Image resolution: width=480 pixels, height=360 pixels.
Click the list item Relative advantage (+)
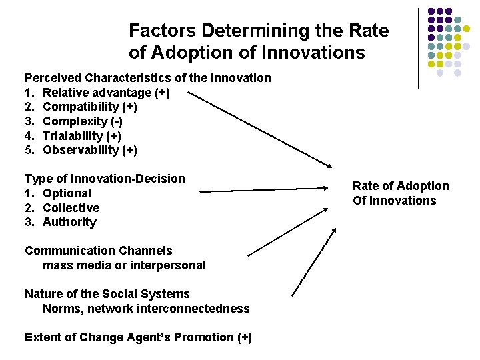106,93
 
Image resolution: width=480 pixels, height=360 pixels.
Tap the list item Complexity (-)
83,121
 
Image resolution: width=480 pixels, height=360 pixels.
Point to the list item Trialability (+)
81,135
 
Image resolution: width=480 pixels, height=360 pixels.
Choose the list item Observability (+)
89,150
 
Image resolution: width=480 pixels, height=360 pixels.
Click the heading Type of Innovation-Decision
105,179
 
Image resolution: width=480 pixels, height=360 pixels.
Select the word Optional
67,193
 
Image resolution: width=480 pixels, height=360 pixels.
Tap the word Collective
71,208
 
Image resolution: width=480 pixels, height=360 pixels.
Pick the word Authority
69,222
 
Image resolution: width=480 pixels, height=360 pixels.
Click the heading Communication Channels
99,251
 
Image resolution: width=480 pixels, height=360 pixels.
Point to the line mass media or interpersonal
124,265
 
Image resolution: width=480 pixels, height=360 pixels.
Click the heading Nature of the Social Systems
107,294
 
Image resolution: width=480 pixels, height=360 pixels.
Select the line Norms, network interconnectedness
146,309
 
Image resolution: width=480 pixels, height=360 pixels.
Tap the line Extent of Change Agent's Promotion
138,337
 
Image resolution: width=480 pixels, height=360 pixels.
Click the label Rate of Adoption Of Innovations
401,193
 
